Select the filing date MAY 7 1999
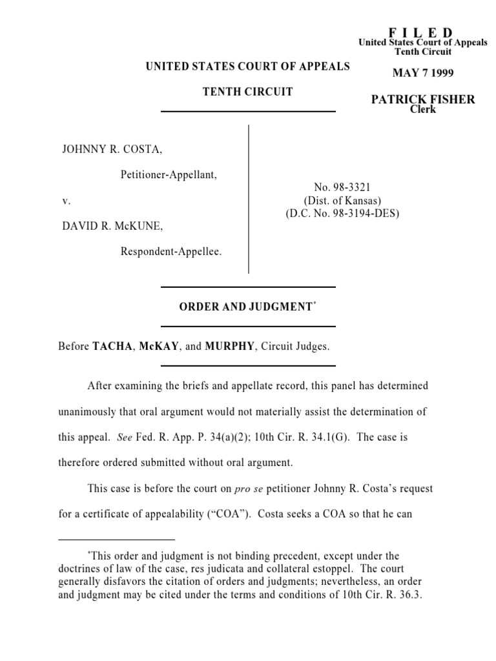[423, 73]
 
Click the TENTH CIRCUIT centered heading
[248, 92]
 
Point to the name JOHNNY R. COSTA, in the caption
[112, 150]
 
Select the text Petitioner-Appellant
[169, 174]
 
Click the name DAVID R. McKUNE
[112, 226]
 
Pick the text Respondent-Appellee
[171, 251]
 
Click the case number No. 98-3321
[342, 188]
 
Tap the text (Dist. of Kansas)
[342, 200]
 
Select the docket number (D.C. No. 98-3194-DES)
[342, 213]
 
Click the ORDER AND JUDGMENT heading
[246, 307]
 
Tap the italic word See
[125, 437]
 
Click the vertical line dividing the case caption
[249, 199]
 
